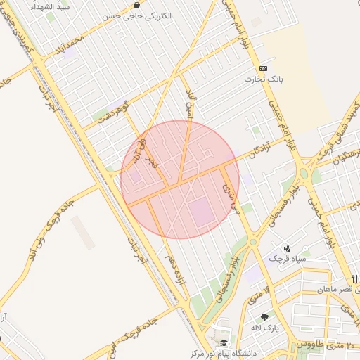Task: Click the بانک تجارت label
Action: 263,79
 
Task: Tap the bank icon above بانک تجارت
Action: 263,68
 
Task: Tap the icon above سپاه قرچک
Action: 288,248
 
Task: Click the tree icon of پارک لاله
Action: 264,318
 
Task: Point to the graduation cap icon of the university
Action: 224,342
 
